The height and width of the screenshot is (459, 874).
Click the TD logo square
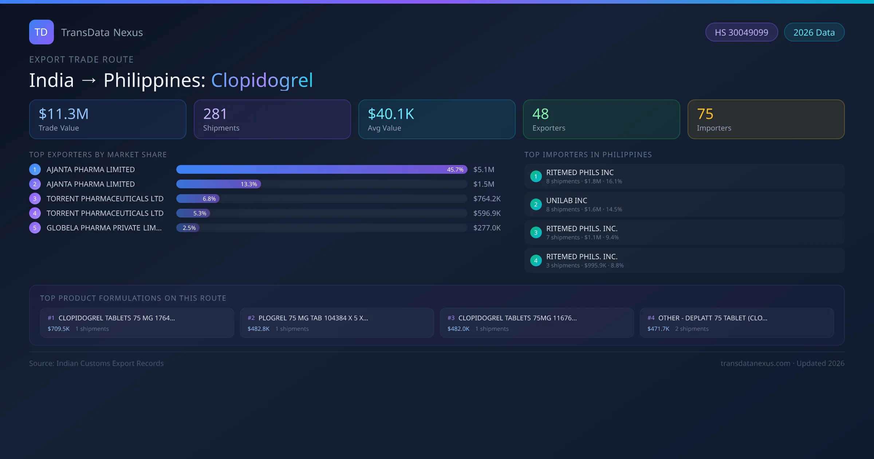[41, 32]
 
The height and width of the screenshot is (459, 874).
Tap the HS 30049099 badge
[741, 32]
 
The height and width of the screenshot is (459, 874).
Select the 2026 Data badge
[814, 32]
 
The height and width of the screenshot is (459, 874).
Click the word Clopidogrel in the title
[262, 80]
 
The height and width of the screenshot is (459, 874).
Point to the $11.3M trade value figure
[64, 114]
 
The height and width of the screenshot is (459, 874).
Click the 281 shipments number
[215, 114]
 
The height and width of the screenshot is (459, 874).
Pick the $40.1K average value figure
[391, 114]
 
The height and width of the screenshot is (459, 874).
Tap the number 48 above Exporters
[540, 114]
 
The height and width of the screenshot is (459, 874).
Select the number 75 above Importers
[705, 114]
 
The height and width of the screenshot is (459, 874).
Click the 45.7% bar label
[455, 170]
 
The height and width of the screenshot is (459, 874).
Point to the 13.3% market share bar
[219, 184]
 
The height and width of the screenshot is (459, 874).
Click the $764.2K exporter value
[487, 199]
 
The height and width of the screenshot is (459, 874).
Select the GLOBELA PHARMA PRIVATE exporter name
[104, 228]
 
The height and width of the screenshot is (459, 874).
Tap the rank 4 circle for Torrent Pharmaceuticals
[35, 213]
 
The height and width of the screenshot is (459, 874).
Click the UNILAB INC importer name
[567, 201]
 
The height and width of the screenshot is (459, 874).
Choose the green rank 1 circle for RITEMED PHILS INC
[536, 177]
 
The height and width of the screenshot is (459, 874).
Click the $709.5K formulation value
[59, 329]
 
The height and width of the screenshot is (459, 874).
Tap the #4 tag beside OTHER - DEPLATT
[651, 318]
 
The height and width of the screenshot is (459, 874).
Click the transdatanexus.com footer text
[755, 364]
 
